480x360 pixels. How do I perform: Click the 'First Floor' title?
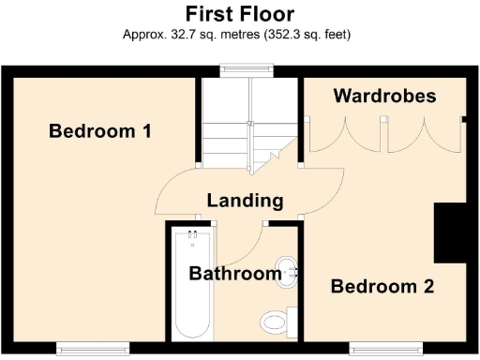239,14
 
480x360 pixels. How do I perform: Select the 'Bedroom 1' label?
100,130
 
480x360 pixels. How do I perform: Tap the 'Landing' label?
245,200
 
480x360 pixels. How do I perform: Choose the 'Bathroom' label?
235,274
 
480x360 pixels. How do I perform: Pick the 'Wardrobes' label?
384,96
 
